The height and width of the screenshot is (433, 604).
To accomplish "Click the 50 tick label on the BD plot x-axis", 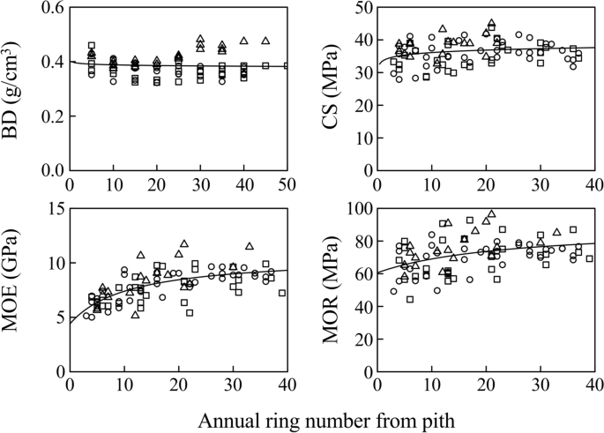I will (287, 185).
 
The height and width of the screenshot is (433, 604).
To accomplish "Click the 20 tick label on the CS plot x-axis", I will (486, 185).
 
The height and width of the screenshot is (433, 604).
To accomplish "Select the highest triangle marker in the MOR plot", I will (492, 213).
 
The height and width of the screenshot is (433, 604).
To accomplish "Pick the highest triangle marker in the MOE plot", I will (184, 243).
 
